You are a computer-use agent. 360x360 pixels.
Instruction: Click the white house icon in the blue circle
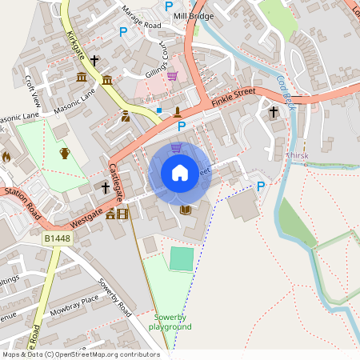click(x=180, y=172)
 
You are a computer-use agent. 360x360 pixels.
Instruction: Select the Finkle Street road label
click(x=234, y=97)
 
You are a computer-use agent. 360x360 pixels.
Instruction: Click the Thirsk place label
click(x=297, y=156)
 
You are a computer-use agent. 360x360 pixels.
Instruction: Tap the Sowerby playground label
click(x=173, y=322)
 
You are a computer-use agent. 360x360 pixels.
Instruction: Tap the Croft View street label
click(x=32, y=90)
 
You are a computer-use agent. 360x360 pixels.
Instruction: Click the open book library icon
click(x=186, y=210)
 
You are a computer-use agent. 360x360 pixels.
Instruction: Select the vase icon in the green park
click(x=65, y=153)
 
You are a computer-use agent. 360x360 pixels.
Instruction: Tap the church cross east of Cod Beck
click(x=274, y=112)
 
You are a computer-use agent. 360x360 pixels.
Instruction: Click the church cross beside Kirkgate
click(x=94, y=60)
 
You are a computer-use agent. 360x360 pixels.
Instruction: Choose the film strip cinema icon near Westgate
click(x=122, y=213)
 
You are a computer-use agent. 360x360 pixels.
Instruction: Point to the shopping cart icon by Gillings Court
click(x=172, y=76)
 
